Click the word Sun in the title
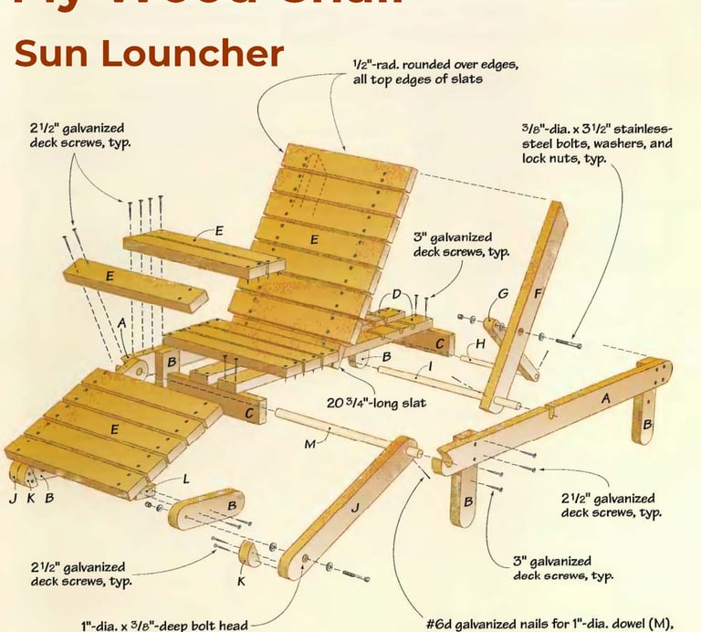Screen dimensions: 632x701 point(54,54)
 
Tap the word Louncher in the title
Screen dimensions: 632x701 point(195,54)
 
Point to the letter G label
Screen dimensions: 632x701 point(502,294)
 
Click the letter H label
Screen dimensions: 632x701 point(479,345)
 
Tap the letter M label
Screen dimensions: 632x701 point(309,444)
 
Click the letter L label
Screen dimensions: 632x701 point(185,479)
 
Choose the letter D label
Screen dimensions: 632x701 point(396,294)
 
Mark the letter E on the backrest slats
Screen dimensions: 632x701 point(314,239)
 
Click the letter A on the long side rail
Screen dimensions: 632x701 point(604,398)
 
